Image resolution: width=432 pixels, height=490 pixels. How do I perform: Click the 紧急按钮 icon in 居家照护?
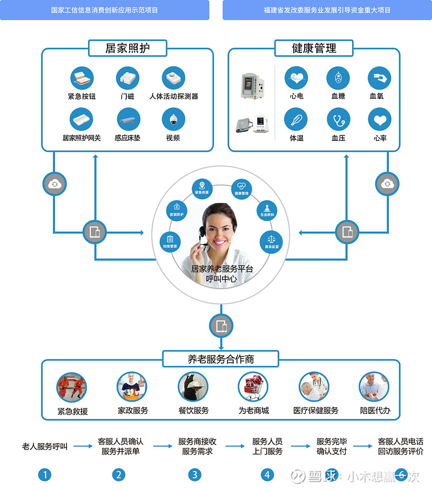pyautogui.click(x=82, y=78)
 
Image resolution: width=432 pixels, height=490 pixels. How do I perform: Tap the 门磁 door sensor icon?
pyautogui.click(x=127, y=78)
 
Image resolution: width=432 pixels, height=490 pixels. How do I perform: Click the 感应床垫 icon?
pyautogui.click(x=128, y=119)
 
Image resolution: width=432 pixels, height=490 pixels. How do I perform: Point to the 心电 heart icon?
pyautogui.click(x=296, y=78)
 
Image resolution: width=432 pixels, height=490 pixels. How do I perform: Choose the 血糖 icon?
pyautogui.click(x=338, y=78)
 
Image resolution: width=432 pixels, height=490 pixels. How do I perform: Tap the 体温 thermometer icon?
pyautogui.click(x=296, y=119)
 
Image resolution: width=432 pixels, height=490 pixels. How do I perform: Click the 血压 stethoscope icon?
pyautogui.click(x=338, y=119)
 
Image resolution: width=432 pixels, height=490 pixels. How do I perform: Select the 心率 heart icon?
pyautogui.click(x=380, y=119)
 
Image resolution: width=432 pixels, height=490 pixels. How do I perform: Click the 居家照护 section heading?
pyautogui.click(x=127, y=48)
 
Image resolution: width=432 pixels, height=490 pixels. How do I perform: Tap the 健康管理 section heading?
pyautogui.click(x=314, y=48)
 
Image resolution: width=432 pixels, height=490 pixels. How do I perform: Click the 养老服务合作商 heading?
pyautogui.click(x=221, y=359)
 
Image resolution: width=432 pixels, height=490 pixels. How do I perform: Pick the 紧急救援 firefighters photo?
pyautogui.click(x=72, y=387)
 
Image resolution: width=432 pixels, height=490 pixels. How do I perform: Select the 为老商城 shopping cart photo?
pyautogui.click(x=253, y=387)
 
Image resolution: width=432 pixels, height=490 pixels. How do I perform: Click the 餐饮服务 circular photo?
pyautogui.click(x=193, y=387)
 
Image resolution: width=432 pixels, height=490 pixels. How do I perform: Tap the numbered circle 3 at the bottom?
pyautogui.click(x=194, y=475)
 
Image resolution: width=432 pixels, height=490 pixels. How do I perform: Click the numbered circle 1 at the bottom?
pyautogui.click(x=45, y=475)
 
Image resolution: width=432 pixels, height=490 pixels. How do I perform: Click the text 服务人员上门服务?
pyautogui.click(x=267, y=446)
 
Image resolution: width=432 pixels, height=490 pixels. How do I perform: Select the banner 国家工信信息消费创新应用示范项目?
pyautogui.click(x=105, y=10)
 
